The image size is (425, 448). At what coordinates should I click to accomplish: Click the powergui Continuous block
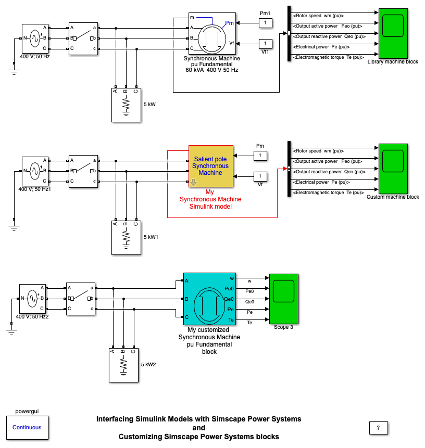(x=27, y=427)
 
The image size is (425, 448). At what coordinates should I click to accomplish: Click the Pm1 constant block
(x=265, y=23)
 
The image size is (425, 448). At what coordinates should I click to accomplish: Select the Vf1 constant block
(x=265, y=43)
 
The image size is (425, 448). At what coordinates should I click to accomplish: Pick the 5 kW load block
(x=126, y=105)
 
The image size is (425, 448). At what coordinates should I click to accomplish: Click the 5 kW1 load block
(x=126, y=238)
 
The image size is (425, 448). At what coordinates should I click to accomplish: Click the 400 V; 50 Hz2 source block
(x=32, y=299)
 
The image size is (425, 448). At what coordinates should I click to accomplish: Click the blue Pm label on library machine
(x=229, y=23)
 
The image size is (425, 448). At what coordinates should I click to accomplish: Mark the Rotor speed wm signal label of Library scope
(x=318, y=15)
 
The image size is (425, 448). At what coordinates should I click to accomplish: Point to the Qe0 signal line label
(x=250, y=301)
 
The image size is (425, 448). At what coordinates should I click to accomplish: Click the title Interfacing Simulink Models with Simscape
(x=199, y=418)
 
